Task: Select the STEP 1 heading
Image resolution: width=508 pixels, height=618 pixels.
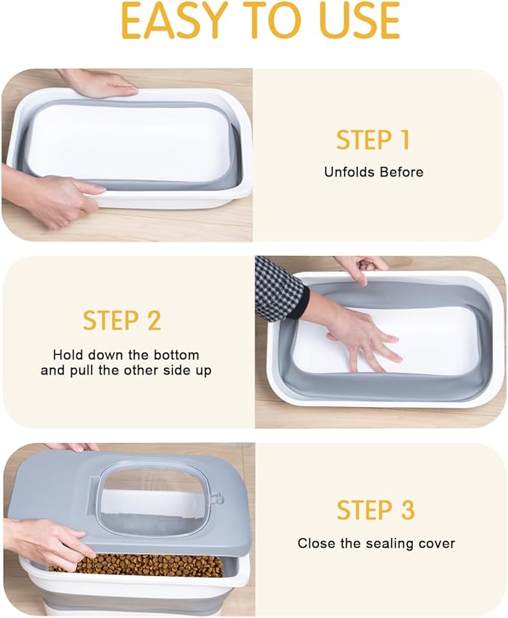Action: coord(373,140)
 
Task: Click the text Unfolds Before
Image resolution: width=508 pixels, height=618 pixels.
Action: coord(373,172)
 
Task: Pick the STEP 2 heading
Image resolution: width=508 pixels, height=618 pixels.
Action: coord(122,320)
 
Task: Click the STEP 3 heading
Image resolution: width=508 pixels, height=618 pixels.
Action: coord(375,510)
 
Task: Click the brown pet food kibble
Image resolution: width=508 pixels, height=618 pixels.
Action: coord(142,565)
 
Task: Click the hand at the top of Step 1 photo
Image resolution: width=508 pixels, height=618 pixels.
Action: coord(97,82)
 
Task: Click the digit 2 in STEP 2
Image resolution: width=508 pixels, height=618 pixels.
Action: coord(153,320)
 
